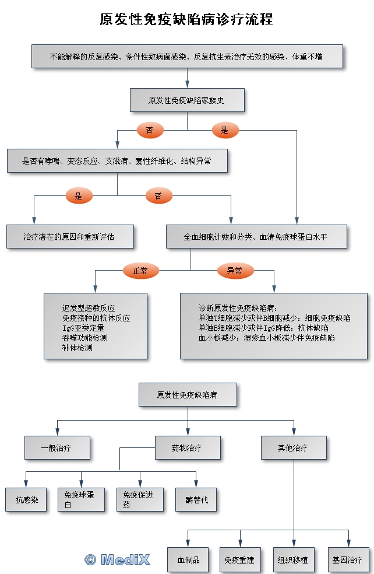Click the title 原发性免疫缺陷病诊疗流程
(x=186, y=19)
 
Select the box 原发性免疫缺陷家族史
(x=186, y=100)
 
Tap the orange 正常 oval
(x=140, y=271)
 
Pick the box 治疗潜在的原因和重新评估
(x=70, y=237)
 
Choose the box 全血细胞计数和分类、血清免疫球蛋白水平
(x=256, y=237)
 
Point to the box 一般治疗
(x=57, y=448)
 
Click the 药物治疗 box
(x=187, y=448)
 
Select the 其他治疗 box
(x=293, y=448)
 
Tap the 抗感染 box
(x=27, y=500)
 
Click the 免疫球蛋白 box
(x=81, y=500)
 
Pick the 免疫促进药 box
(x=139, y=500)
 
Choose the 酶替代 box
(x=196, y=500)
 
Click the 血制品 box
(x=188, y=560)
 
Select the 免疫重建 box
(x=239, y=560)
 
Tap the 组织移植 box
(x=293, y=560)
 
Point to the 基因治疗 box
(x=347, y=560)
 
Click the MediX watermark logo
(x=118, y=560)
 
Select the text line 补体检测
(x=77, y=348)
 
